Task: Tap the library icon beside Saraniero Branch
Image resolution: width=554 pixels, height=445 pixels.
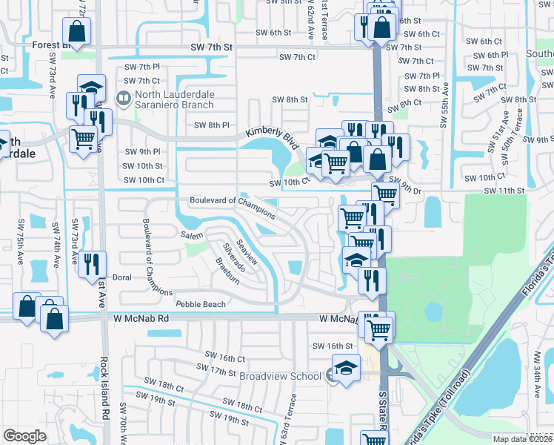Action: click(x=123, y=96)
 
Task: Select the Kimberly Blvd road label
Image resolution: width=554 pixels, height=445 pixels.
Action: click(x=276, y=136)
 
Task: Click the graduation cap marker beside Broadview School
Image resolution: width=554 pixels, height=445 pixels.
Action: click(x=345, y=369)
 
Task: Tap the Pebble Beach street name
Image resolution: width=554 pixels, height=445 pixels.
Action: click(x=200, y=305)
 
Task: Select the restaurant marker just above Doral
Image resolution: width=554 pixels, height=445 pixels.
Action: click(x=92, y=263)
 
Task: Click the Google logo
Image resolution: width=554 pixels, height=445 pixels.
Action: click(x=24, y=436)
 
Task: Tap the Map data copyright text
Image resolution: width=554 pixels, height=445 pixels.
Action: click(x=521, y=439)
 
